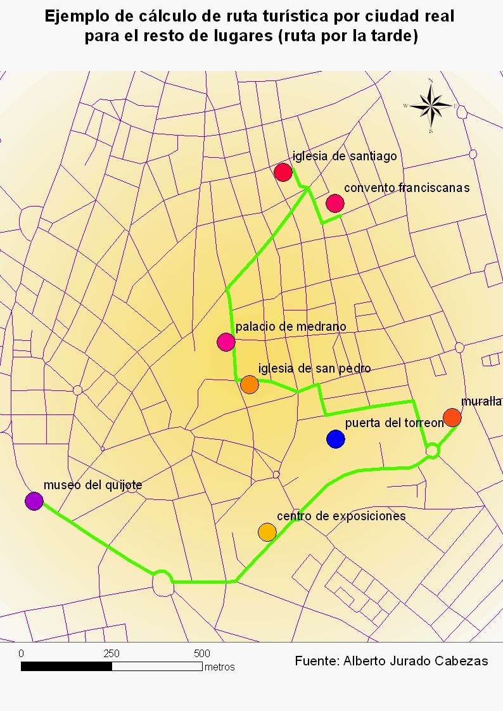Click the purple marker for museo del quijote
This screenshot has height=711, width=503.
(x=34, y=501)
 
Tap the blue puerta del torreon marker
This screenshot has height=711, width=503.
(x=336, y=439)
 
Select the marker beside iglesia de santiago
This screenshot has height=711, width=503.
(x=283, y=172)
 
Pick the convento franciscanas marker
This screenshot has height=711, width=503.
(x=335, y=203)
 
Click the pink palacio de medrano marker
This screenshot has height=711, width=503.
(x=226, y=342)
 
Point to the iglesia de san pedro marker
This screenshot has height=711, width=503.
(x=250, y=384)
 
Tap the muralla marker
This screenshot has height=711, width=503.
(x=452, y=417)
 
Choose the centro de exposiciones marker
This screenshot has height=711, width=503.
(x=267, y=532)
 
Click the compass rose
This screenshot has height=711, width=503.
(x=430, y=106)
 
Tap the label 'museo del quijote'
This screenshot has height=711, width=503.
(x=92, y=485)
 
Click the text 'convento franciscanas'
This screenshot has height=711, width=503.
(x=406, y=188)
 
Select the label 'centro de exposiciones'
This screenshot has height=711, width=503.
(x=341, y=516)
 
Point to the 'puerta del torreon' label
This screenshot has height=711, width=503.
(x=393, y=423)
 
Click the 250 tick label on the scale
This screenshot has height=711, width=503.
(x=111, y=653)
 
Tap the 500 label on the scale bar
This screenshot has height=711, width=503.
(x=201, y=653)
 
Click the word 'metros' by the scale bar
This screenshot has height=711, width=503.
(x=219, y=667)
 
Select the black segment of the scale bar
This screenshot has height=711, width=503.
(x=67, y=667)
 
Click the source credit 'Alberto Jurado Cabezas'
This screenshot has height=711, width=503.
(x=416, y=661)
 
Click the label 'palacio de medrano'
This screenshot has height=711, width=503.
(x=291, y=327)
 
